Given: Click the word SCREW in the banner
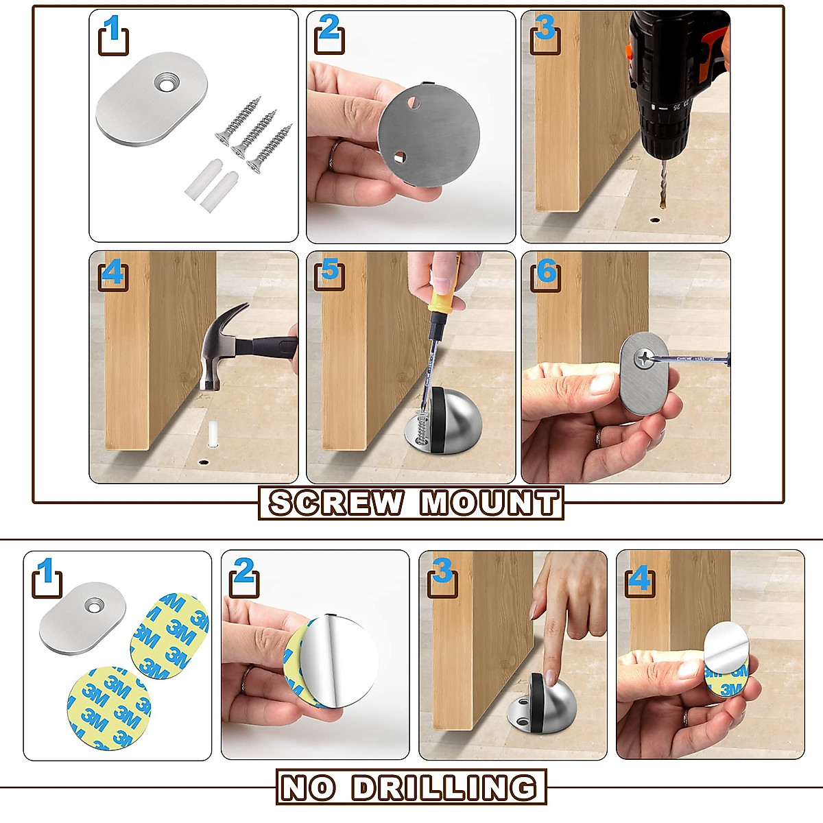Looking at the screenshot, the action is click(337, 502).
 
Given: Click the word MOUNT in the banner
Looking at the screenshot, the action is click(490, 502).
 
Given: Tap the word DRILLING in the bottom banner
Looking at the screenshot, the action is click(444, 787).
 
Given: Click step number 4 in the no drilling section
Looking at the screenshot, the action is click(639, 579).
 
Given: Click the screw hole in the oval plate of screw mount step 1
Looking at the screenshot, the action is click(165, 82).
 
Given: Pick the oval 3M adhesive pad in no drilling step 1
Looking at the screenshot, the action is click(170, 635).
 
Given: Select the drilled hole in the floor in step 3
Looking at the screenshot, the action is click(655, 220).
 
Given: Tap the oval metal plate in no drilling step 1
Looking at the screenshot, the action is click(83, 618).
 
